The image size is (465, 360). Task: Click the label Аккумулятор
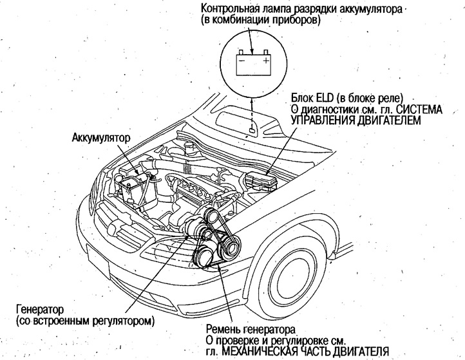[102, 138]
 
